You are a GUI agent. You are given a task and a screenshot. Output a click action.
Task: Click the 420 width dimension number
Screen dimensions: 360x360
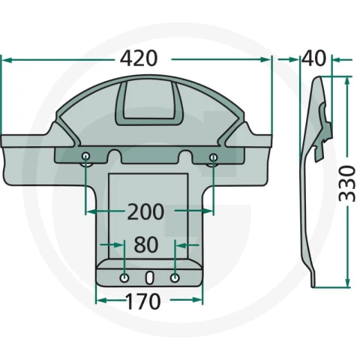[139, 58]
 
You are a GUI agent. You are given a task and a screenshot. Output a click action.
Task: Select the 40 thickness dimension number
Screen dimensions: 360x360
[314, 58]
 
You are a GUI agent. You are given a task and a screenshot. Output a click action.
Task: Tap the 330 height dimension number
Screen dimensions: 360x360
[347, 183]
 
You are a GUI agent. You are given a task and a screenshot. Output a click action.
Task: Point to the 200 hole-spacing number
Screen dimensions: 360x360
[145, 211]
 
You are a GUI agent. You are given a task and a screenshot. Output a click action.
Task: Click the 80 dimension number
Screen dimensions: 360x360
[146, 244]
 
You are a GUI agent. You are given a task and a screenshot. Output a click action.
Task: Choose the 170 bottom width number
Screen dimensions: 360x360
[143, 301]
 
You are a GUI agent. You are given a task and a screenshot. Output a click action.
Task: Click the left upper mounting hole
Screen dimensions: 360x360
[86, 157]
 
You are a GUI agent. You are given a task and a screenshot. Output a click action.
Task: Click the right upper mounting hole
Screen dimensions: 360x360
[213, 157]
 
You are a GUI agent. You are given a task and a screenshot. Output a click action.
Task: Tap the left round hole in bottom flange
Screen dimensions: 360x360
[124, 277]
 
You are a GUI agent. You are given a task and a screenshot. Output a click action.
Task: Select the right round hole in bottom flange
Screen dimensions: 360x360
[175, 277]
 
